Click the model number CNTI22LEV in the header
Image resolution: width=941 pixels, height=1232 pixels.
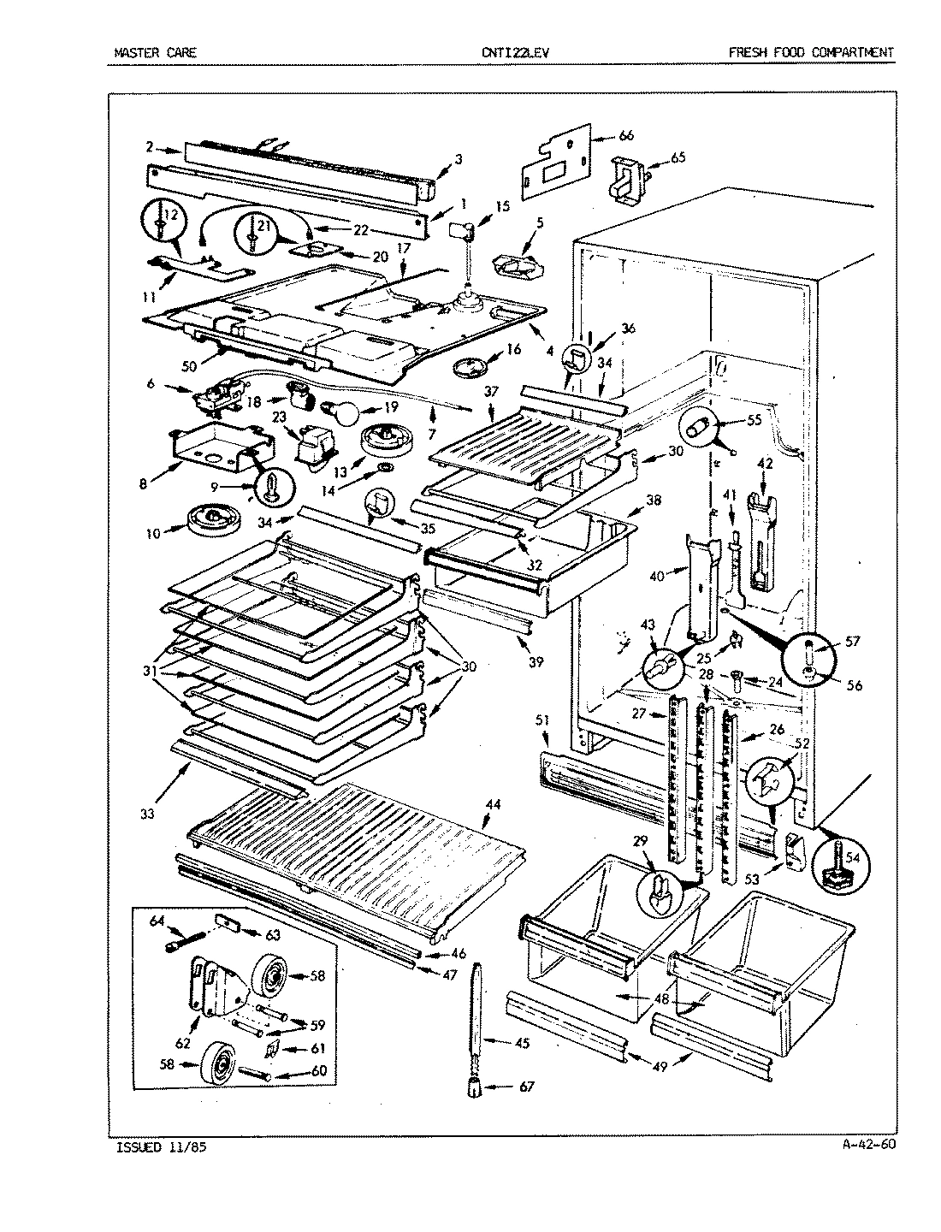point(516,53)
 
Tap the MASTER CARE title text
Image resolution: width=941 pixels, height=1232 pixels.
point(155,53)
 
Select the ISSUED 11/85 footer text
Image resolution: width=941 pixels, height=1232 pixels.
point(160,1146)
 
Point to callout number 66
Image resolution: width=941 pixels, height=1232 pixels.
point(627,135)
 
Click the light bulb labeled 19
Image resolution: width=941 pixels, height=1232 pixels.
point(345,412)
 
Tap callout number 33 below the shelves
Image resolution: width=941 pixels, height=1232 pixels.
point(148,814)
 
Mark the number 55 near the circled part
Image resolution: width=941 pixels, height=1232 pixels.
point(754,420)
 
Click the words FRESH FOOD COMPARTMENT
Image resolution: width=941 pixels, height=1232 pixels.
point(810,53)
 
